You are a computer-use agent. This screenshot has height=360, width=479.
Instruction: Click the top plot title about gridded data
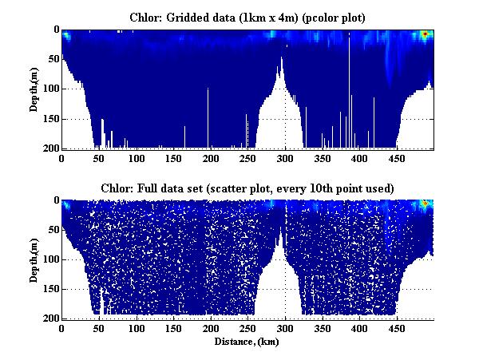[x=247, y=17]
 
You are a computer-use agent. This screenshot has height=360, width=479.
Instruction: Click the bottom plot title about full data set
[x=247, y=188]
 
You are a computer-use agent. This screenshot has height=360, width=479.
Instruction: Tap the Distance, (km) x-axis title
[x=247, y=341]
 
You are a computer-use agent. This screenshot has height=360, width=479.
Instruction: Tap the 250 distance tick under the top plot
[x=210, y=159]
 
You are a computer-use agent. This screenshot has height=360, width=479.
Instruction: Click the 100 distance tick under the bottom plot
[x=136, y=329]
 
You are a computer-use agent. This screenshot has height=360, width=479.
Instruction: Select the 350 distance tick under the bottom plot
[x=284, y=329]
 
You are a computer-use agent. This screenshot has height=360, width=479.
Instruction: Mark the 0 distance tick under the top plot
[x=61, y=159]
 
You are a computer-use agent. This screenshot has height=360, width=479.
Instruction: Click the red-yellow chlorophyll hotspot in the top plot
[x=426, y=34]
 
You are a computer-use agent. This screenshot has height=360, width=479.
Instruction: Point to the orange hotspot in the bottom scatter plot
[x=426, y=204]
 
